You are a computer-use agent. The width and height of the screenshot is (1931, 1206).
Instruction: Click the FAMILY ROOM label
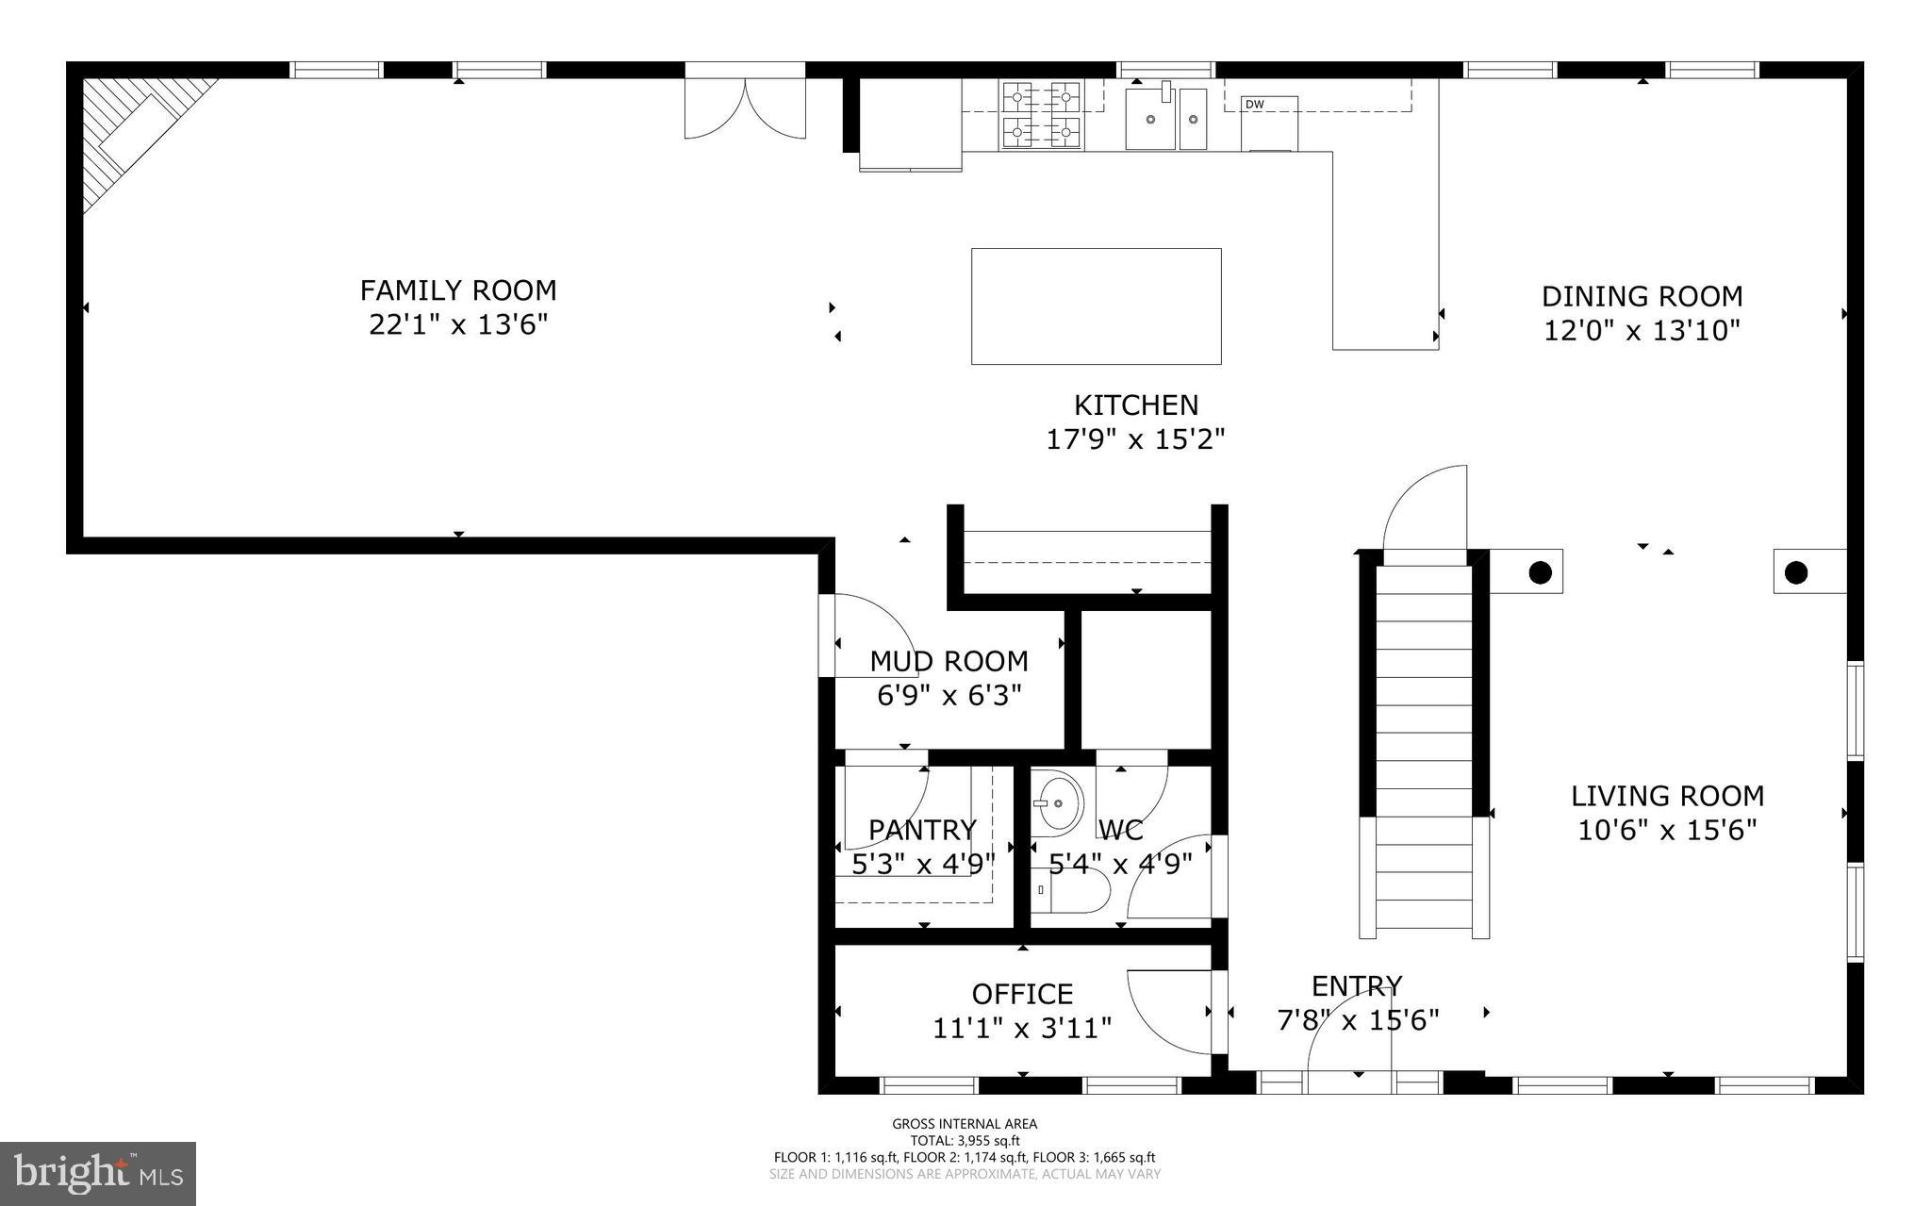[x=458, y=289]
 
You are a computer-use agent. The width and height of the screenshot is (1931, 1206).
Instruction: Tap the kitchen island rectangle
[x=1096, y=306]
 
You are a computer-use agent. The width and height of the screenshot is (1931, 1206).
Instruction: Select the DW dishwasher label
[x=1254, y=104]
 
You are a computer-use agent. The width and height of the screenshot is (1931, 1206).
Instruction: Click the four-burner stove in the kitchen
[x=1041, y=115]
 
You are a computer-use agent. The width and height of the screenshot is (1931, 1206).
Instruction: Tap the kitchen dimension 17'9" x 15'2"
[x=1135, y=439]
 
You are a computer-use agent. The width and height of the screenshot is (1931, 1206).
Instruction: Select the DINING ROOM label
[x=1642, y=296]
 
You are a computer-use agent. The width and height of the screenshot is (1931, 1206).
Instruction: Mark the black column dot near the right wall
[x=1795, y=572]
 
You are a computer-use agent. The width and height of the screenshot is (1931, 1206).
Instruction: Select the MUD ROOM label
[x=949, y=661]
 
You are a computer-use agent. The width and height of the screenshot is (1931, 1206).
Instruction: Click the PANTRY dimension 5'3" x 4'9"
[x=922, y=864]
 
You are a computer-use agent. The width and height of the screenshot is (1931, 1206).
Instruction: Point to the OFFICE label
[x=1022, y=994]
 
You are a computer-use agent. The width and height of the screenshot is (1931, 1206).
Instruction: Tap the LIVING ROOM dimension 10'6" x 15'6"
[x=1667, y=831]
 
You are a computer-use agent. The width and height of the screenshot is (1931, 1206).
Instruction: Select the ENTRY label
[x=1357, y=986]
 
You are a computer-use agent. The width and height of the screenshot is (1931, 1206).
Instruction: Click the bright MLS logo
[x=98, y=1173]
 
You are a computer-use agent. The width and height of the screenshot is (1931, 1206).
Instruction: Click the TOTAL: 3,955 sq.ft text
[x=965, y=1140]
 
